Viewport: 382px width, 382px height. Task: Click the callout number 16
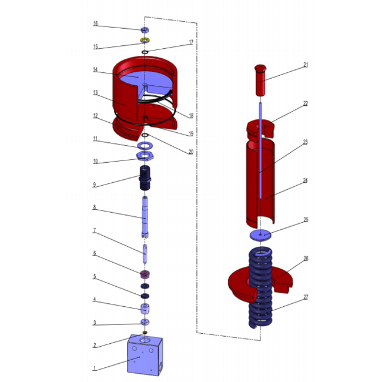pos(95,24)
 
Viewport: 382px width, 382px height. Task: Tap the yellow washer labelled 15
pos(145,41)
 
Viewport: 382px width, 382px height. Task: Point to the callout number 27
pos(306,297)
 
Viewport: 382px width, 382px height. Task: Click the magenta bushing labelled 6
pos(145,274)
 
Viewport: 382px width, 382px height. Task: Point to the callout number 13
pos(95,92)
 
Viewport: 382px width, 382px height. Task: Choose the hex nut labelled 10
pos(145,156)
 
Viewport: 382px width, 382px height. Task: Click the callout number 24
pos(306,181)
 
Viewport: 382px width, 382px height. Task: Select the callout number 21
pos(306,65)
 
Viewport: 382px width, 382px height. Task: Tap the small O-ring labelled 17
pos(145,52)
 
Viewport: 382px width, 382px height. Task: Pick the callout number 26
pos(306,258)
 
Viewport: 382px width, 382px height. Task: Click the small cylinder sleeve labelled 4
pos(145,309)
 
